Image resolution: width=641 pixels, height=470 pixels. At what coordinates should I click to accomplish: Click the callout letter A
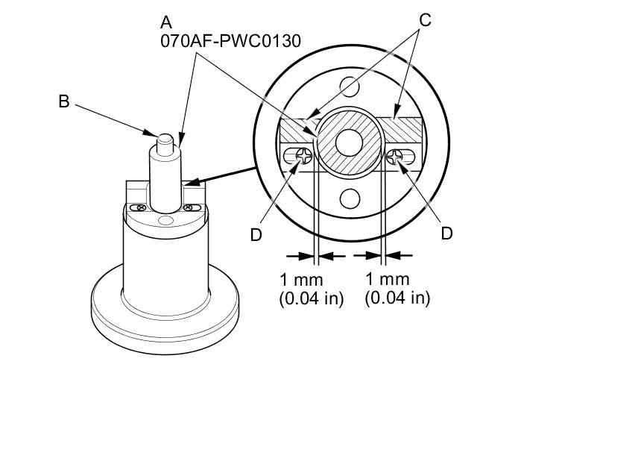coord(166,22)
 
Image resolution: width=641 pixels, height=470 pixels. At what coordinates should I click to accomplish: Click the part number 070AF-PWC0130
coord(230,41)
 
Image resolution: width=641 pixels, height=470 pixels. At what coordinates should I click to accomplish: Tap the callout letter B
coord(64,101)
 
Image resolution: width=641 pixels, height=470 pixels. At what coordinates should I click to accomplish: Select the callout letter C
coord(425,19)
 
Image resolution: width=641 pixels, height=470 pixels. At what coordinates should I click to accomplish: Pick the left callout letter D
coord(256,235)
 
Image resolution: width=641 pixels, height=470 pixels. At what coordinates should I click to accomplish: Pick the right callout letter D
coord(446,234)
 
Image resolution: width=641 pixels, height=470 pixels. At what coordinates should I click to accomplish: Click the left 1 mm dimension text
coord(301,281)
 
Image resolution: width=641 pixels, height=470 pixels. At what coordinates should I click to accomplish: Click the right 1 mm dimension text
coord(387,279)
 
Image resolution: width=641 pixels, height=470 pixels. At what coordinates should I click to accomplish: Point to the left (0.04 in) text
coord(311,298)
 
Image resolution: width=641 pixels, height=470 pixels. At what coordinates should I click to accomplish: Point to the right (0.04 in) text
coord(397,298)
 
